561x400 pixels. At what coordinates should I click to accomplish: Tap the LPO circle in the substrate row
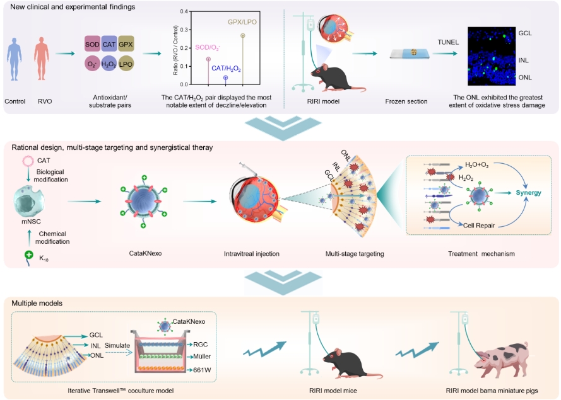(126, 64)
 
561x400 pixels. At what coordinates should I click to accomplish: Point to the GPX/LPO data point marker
(244, 36)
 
